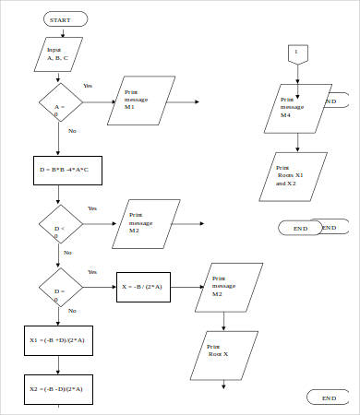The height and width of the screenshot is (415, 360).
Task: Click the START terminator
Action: pyautogui.click(x=66, y=18)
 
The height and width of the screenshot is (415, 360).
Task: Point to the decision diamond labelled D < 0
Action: pyautogui.click(x=59, y=227)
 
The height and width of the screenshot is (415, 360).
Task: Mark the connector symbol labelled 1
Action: pyautogui.click(x=296, y=53)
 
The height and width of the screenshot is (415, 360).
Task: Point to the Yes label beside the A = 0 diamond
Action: pyautogui.click(x=88, y=85)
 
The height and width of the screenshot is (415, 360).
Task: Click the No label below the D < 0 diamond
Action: pyautogui.click(x=67, y=253)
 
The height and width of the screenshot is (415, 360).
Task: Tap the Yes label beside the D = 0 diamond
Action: pyautogui.click(x=91, y=272)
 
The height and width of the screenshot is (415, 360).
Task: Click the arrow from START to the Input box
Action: pyautogui.click(x=64, y=31)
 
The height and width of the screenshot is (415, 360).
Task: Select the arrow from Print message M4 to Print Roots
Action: pyautogui.click(x=296, y=141)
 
